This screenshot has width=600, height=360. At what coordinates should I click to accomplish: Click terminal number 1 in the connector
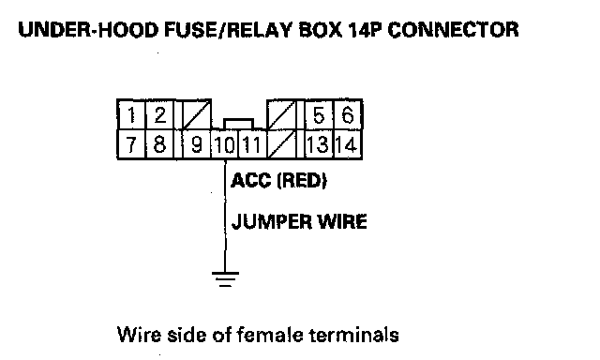pyautogui.click(x=131, y=114)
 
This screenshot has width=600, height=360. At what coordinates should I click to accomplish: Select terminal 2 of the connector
pyautogui.click(x=160, y=114)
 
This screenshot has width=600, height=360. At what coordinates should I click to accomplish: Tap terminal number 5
pyautogui.click(x=319, y=114)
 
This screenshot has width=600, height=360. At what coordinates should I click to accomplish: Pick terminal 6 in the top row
pyautogui.click(x=348, y=114)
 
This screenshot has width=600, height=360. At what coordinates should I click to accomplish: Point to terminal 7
pyautogui.click(x=131, y=144)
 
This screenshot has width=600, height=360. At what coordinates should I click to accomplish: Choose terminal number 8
pyautogui.click(x=160, y=144)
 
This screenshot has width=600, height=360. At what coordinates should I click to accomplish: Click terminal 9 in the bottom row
pyautogui.click(x=196, y=144)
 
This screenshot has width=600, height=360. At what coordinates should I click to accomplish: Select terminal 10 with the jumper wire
pyautogui.click(x=225, y=144)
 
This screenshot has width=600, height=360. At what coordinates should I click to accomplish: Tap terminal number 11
pyautogui.click(x=252, y=144)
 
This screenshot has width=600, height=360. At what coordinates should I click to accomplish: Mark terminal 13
pyautogui.click(x=319, y=144)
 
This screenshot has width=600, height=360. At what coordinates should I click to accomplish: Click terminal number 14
pyautogui.click(x=348, y=144)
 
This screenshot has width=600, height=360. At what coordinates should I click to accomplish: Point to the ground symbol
pyautogui.click(x=225, y=278)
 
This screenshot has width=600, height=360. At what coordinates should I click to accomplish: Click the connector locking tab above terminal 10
pyautogui.click(x=238, y=124)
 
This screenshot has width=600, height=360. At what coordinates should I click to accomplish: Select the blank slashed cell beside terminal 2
pyautogui.click(x=197, y=114)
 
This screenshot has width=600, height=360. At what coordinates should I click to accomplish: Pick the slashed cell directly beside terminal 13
pyautogui.click(x=281, y=144)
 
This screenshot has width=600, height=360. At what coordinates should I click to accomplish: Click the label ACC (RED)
pyautogui.click(x=279, y=180)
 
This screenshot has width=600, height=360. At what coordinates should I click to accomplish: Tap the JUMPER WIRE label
pyautogui.click(x=299, y=221)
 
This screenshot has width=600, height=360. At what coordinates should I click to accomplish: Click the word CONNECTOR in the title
pyautogui.click(x=454, y=30)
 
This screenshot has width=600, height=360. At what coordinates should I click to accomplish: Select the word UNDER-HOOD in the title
pyautogui.click(x=88, y=30)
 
